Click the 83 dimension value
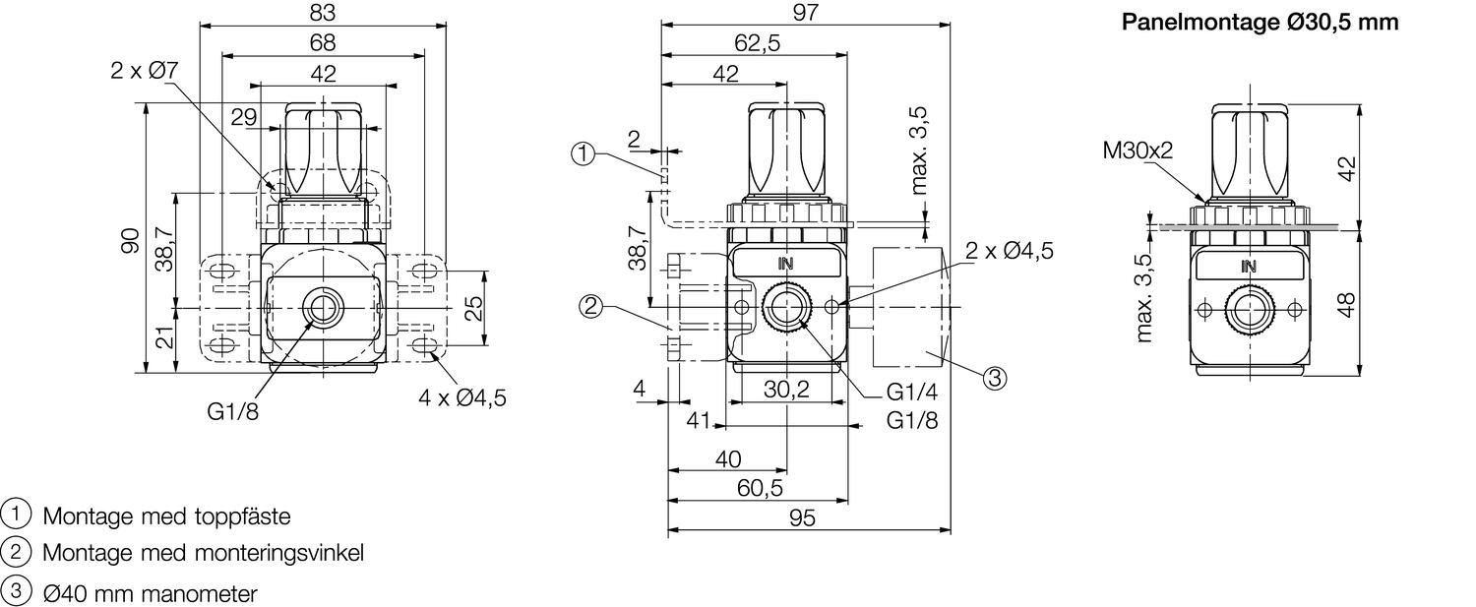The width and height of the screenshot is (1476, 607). pos(322,13)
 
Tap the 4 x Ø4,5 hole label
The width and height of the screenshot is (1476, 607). pos(461,398)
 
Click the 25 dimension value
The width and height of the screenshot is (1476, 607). pos(473,308)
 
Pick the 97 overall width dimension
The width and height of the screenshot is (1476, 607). pos(805,12)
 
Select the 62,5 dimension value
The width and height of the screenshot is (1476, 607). pos(757,42)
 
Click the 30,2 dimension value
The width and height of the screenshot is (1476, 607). pos(786,390)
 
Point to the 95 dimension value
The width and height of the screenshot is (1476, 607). pos(803,517)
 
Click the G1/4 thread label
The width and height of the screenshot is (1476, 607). pos(911,392)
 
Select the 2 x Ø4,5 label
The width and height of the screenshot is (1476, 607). pos(1009,251)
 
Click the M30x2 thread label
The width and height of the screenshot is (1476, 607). pos(1138,150)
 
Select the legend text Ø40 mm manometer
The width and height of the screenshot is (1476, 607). pos(151,594)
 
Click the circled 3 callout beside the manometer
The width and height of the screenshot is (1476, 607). pos(996,377)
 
